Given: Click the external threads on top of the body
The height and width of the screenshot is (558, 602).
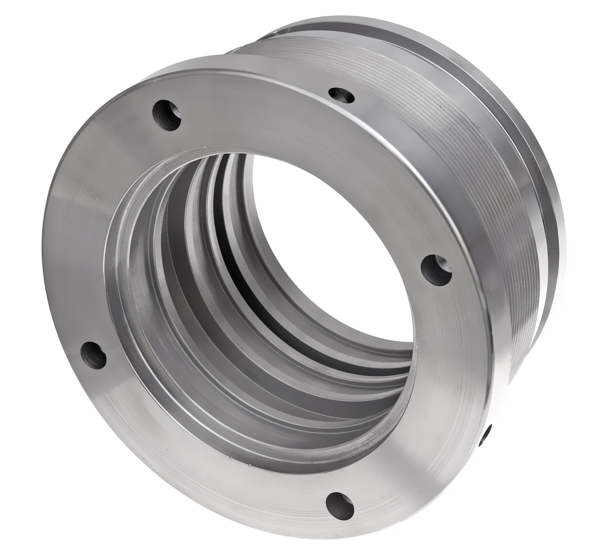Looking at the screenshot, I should (x=347, y=60).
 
